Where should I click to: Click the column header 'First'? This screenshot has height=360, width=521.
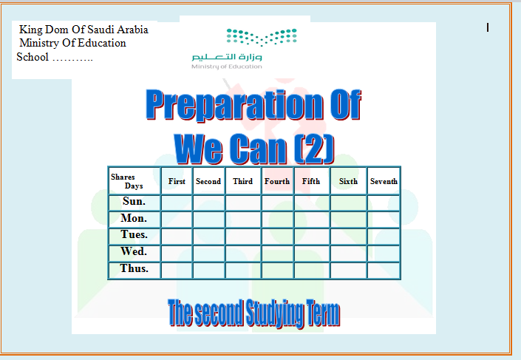(x=177, y=181)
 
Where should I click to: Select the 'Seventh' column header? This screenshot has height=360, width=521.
(x=384, y=181)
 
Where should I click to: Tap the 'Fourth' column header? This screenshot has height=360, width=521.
(x=277, y=181)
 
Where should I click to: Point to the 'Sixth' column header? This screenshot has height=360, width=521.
(x=348, y=181)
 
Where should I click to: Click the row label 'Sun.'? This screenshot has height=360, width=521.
(x=134, y=201)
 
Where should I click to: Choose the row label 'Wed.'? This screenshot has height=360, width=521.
(x=134, y=251)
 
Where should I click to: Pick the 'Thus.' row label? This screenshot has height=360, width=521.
(x=134, y=268)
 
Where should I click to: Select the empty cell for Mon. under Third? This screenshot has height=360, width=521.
(x=243, y=220)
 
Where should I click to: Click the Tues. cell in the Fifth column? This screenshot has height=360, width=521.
(x=312, y=237)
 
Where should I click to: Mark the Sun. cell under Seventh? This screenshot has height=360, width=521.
(x=384, y=203)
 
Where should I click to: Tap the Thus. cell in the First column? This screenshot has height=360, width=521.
(x=177, y=271)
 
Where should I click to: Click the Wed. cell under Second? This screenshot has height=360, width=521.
(x=208, y=254)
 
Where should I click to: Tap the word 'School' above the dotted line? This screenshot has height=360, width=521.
(x=33, y=57)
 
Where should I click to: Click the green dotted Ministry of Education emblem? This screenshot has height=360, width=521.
(x=262, y=37)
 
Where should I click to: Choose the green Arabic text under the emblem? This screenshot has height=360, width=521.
(x=227, y=57)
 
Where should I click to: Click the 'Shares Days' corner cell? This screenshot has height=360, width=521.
(x=134, y=181)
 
